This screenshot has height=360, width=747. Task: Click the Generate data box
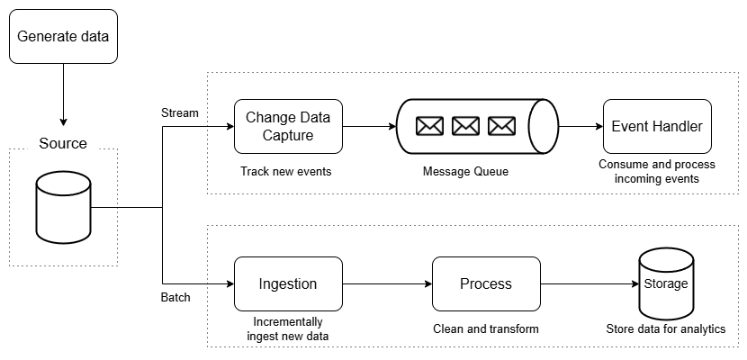pos(63,36)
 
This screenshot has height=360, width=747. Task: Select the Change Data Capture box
pos(288,126)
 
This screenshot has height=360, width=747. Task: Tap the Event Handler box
pos(657,126)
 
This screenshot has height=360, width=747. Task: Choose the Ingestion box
pos(288,283)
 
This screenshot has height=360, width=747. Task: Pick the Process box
pos(486,283)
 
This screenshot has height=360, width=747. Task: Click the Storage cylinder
pos(666,283)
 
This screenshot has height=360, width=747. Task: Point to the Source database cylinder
pos(63,207)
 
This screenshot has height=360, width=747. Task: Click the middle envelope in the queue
pos(465,126)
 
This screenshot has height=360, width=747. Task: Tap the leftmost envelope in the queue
pos(429,126)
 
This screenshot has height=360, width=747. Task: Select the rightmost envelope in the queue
pos(501,126)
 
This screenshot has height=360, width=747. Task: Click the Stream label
pos(180,112)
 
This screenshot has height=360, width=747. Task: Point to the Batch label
pos(175,298)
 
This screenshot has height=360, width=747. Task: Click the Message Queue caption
pos(465,171)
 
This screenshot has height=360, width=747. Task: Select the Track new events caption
pos(286,171)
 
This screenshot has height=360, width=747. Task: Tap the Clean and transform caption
pos(486,329)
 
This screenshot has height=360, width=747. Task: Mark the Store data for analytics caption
pos(666,329)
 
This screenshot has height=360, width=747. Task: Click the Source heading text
pos(63,143)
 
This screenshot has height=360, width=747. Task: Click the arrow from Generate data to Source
pos(63,94)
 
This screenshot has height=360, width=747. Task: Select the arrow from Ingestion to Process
pos(387,283)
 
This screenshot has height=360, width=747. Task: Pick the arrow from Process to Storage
pos(589,283)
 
